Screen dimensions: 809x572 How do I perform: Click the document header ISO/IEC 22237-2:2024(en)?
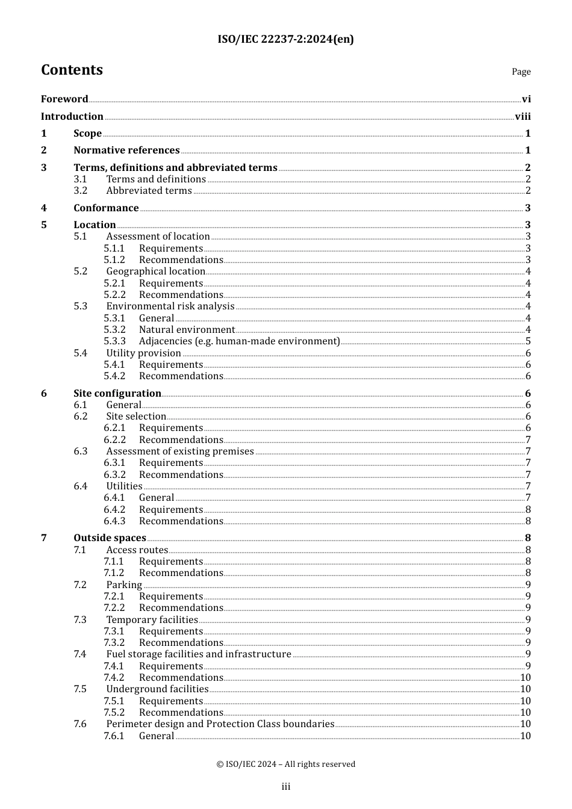285,40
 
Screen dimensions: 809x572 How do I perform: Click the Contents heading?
72,70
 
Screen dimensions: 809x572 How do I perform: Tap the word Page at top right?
521,72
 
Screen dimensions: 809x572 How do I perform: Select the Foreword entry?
64,99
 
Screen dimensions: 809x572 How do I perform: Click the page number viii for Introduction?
523,117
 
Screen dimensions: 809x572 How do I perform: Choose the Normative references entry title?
126,150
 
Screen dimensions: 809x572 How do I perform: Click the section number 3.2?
81,191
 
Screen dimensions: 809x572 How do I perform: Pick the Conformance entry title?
106,208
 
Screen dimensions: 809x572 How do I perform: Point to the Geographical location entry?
155,271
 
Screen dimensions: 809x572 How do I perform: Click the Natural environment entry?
187,330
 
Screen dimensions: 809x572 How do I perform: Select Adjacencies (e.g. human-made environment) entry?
239,341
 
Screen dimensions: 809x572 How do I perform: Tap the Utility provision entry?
143,353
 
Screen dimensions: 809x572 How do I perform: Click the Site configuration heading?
117,394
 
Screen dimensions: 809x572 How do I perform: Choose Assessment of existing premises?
180,451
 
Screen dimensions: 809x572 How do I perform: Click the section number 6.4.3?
114,521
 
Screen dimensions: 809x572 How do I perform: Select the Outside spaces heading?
110,538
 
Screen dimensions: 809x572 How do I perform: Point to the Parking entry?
124,585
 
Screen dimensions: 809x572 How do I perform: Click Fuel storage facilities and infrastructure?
199,654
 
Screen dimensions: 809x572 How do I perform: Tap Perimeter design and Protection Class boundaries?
220,724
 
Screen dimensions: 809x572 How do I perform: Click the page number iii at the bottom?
286,787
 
